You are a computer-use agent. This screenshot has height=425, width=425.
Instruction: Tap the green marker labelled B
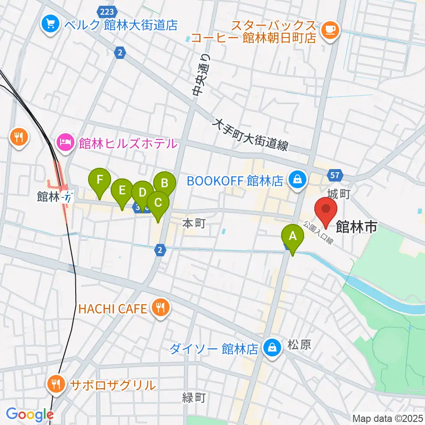pos(165,182)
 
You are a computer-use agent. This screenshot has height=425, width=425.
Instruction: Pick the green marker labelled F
pos(100,180)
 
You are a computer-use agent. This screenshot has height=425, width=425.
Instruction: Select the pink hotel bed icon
pos(65,143)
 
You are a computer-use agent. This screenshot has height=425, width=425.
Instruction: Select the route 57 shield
pos(335,175)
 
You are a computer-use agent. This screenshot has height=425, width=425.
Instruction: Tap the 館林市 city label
pos(356,227)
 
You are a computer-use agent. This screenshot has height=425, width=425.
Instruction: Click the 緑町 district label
pos(194,398)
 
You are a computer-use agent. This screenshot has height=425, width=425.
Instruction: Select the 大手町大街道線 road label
pos(251,135)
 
